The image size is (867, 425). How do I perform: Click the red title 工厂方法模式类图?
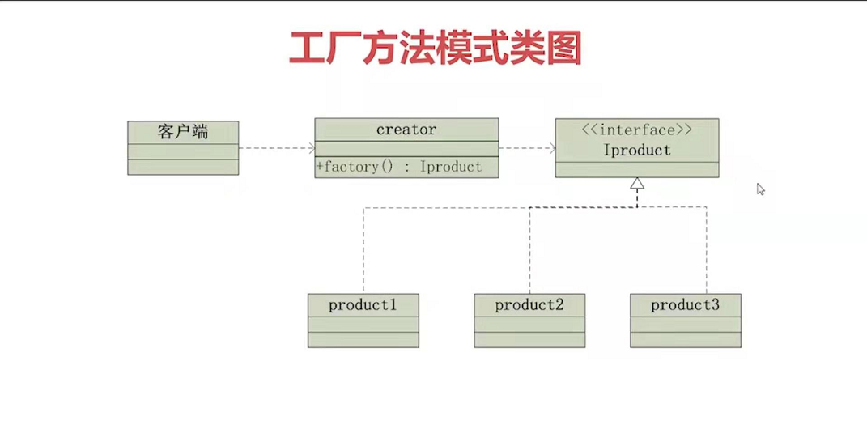tap(435, 49)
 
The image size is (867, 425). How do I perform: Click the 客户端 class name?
tap(183, 131)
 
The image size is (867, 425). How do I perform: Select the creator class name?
tap(406, 130)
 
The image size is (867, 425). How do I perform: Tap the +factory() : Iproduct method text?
tap(400, 167)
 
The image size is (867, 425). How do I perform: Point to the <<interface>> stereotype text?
tap(636, 130)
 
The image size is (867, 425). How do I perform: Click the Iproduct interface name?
tap(636, 151)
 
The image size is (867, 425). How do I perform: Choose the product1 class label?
tap(363, 305)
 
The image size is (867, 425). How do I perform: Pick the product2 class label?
tap(529, 305)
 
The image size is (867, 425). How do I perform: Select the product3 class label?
tap(685, 305)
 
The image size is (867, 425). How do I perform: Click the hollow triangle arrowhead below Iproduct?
tap(637, 185)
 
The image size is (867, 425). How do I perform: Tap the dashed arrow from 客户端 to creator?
tap(276, 148)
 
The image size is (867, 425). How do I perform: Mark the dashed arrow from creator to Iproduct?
tap(526, 148)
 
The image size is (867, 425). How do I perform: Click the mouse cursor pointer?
tap(760, 189)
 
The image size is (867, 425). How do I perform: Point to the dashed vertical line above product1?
tap(363, 251)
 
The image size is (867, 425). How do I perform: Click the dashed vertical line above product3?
tap(707, 251)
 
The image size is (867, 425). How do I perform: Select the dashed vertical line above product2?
tap(530, 251)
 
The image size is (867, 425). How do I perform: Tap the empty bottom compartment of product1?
tap(363, 339)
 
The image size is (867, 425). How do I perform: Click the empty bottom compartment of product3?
tap(685, 339)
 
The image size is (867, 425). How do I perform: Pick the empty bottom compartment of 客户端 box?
tap(183, 167)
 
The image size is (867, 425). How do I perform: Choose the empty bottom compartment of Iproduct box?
tap(636, 169)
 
